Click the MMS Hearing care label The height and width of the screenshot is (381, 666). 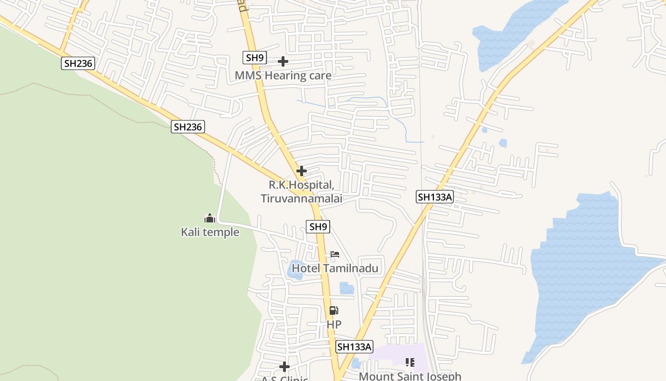[x=283, y=75]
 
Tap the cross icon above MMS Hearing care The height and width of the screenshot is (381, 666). [x=283, y=61]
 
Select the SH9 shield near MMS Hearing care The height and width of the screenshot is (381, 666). [x=255, y=58]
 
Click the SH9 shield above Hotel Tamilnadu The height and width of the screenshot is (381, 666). [x=318, y=227]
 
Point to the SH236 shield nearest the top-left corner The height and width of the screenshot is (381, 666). [x=78, y=63]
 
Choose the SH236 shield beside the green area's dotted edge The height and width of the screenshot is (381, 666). [x=188, y=127]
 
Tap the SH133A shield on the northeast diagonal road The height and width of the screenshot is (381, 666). [x=435, y=197]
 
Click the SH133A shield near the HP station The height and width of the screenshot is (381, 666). [x=354, y=347]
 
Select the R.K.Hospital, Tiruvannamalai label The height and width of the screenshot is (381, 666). [x=302, y=191]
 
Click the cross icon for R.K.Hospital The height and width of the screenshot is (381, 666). [x=301, y=170]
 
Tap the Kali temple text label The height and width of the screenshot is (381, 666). [x=210, y=232]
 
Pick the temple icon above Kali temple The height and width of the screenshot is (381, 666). [x=210, y=219]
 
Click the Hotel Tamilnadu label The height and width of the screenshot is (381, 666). [x=335, y=268]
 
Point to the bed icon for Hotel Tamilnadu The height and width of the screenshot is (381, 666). [x=335, y=254]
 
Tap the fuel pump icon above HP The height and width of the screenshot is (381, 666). [x=334, y=311]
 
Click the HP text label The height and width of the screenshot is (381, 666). [x=334, y=324]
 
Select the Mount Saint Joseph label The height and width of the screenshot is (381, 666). [x=410, y=376]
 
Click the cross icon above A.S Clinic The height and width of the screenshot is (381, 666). [x=284, y=367]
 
